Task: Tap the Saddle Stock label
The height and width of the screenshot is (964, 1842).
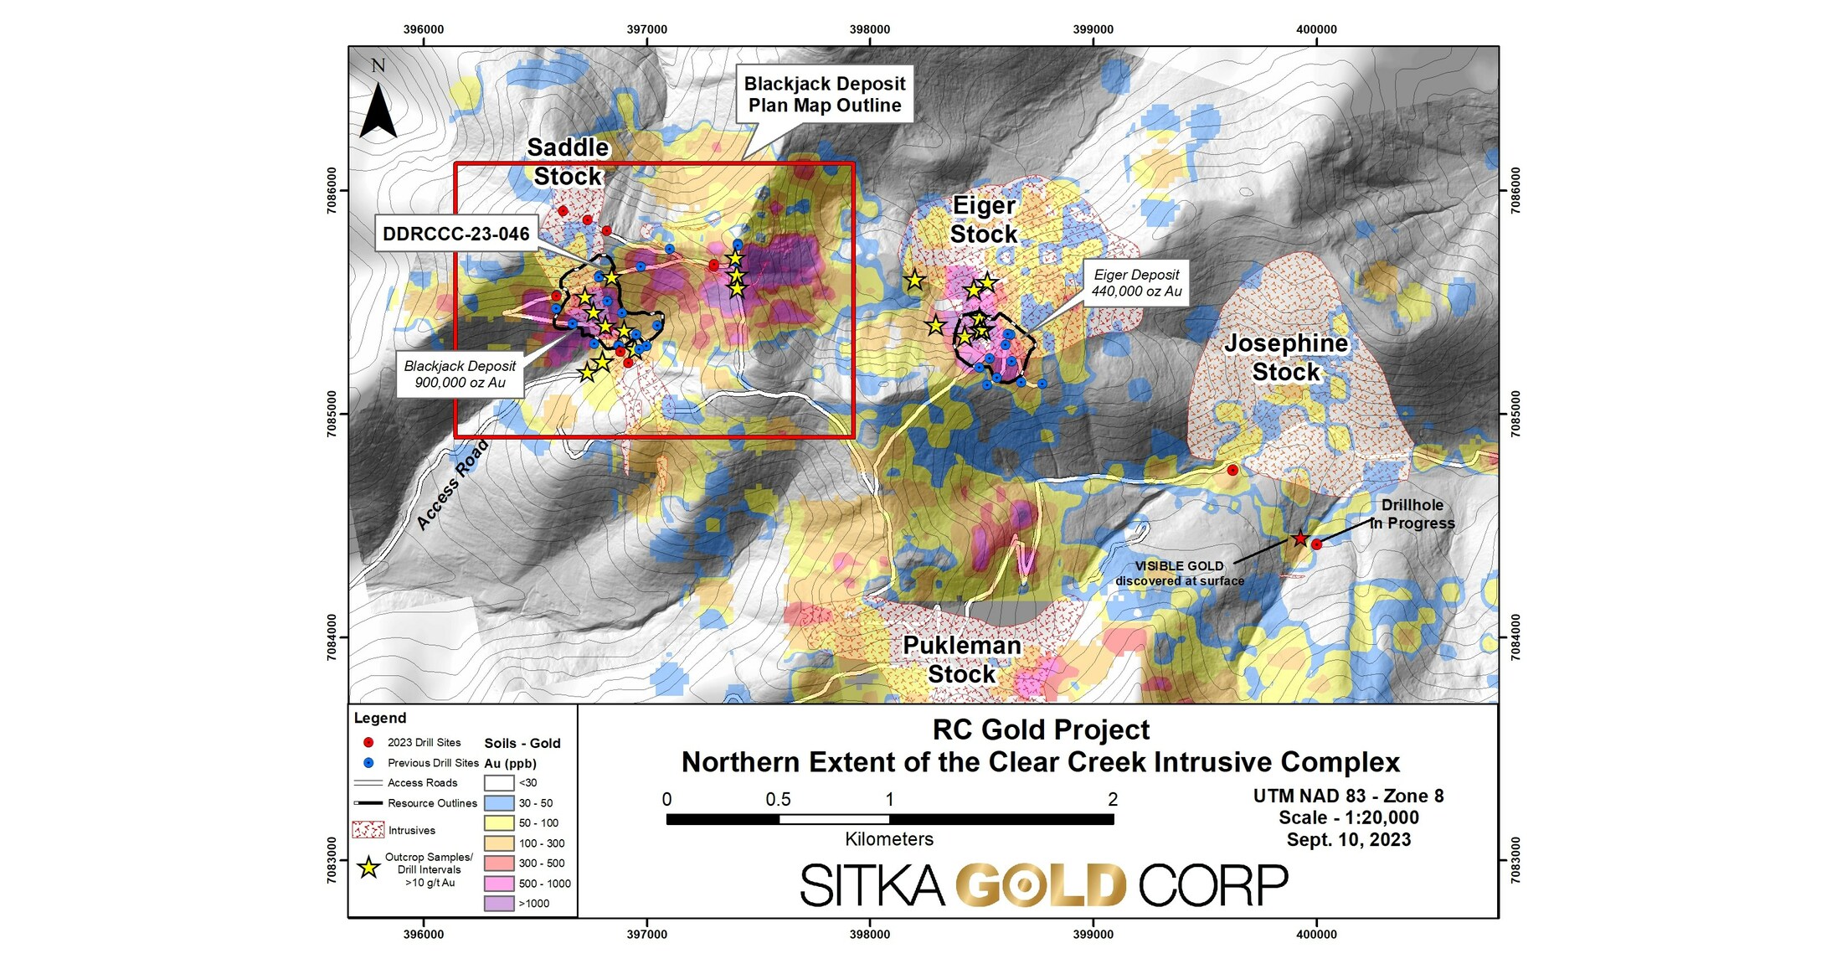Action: click(568, 162)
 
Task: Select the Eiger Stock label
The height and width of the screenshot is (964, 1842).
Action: click(984, 219)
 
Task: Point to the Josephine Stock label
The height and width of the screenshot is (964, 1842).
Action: click(1286, 357)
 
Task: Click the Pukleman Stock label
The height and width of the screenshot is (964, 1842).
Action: click(961, 659)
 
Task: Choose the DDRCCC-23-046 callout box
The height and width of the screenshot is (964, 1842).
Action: click(455, 234)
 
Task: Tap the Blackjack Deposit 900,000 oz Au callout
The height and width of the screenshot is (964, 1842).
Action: click(460, 374)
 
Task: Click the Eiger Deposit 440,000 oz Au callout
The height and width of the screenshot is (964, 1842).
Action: click(1136, 283)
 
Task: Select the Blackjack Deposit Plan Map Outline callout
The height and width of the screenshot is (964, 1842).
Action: click(824, 95)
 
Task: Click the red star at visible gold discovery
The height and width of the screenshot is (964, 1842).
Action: click(1299, 539)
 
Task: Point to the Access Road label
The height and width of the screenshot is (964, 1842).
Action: click(452, 485)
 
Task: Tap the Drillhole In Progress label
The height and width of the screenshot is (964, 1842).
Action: click(1412, 514)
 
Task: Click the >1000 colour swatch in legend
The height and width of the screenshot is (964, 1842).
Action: click(499, 904)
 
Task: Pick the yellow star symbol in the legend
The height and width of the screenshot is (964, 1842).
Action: click(368, 869)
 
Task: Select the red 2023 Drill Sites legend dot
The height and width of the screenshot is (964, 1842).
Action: click(368, 743)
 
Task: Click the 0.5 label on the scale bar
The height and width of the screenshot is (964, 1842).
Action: click(778, 800)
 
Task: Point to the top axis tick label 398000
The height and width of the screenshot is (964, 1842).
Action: click(870, 29)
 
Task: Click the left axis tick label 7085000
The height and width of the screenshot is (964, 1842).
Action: click(332, 414)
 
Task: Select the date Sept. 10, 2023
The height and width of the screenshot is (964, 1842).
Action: click(1348, 840)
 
